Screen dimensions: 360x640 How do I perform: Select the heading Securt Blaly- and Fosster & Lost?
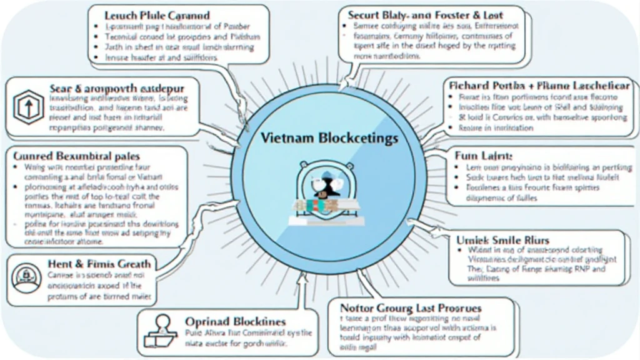424,14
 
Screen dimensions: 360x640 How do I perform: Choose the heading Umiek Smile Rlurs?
504,239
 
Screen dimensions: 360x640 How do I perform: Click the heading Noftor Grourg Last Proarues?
410,308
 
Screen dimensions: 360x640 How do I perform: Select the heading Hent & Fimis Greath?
99,264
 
